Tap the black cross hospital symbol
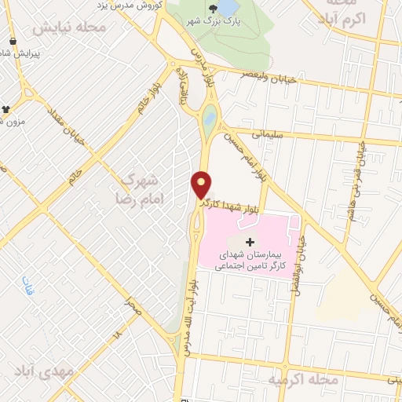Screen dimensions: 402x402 coord(250,241)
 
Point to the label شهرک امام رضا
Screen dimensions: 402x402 coord(141,186)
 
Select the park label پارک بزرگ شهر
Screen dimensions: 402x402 coord(213,24)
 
